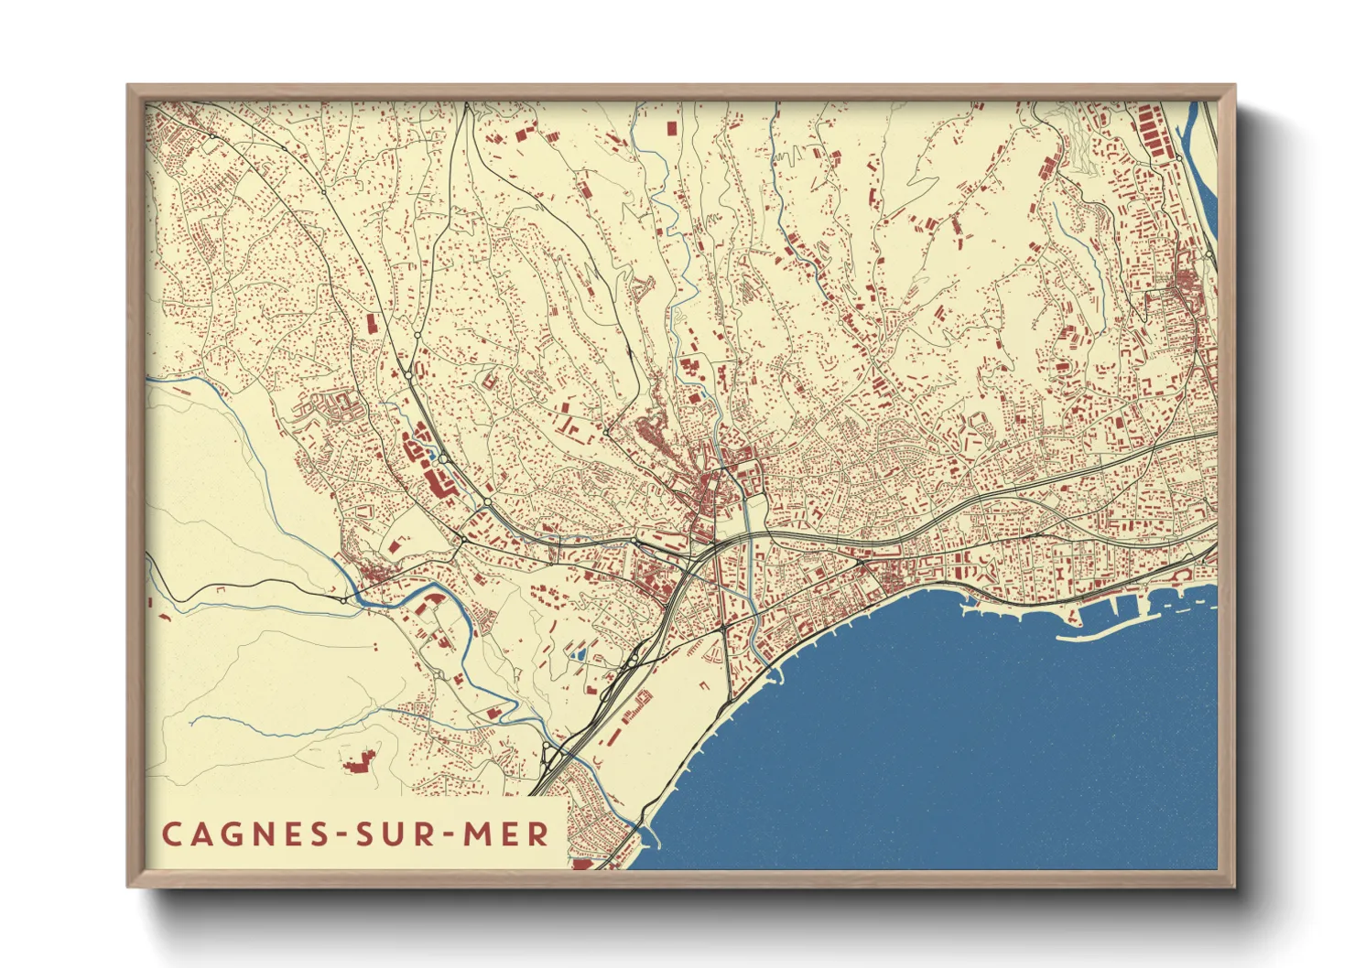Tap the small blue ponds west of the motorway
click(578, 654)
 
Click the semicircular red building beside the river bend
click(430, 599)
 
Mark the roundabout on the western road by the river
click(343, 599)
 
